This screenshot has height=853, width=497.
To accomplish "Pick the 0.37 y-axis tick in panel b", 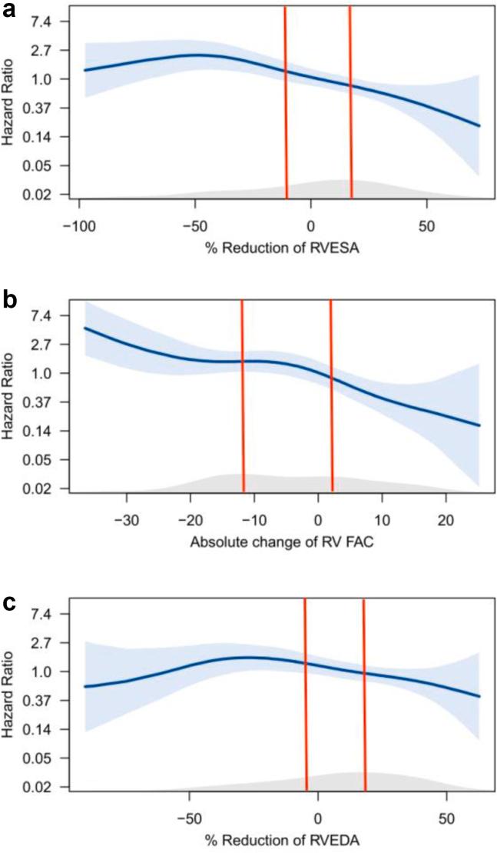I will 41,402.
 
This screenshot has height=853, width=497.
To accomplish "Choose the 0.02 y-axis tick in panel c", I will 41,787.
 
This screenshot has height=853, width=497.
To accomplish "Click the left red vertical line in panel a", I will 286,100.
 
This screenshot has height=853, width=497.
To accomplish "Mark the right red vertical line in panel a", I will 350,100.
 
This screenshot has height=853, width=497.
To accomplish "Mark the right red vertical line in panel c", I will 364,692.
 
